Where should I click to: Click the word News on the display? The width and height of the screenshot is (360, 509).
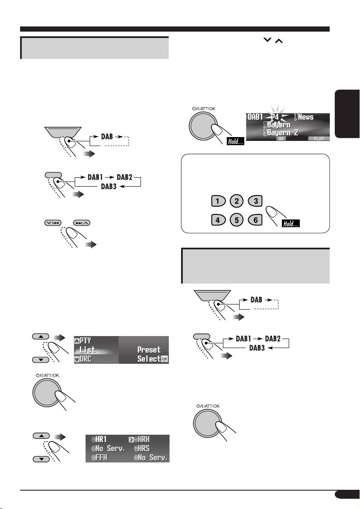click(316, 117)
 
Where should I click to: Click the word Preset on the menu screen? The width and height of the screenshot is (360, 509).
click(149, 350)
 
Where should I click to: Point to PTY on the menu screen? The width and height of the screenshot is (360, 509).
click(86, 341)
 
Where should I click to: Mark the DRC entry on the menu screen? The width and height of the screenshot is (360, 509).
click(85, 359)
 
